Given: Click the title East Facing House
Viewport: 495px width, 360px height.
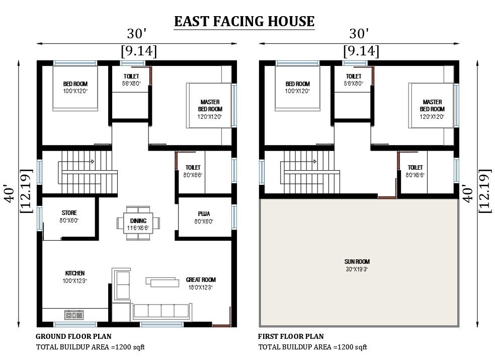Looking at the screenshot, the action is click(x=244, y=22).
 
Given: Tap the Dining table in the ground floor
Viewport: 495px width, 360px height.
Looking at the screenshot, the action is click(x=138, y=224).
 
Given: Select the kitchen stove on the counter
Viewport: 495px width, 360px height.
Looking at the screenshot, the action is click(x=74, y=315).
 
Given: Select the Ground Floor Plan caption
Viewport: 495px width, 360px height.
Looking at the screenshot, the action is click(x=73, y=336).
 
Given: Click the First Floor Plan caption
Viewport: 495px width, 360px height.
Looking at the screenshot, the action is click(x=291, y=336).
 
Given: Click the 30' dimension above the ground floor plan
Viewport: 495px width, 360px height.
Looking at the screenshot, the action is click(x=137, y=34).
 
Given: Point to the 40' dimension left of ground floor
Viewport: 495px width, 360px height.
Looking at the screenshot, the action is click(x=10, y=193).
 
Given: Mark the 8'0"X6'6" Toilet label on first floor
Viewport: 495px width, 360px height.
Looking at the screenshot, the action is click(x=415, y=171).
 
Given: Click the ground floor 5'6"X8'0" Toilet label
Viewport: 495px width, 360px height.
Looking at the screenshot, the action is click(x=131, y=80).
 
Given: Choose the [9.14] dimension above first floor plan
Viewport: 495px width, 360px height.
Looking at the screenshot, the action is click(x=361, y=51).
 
